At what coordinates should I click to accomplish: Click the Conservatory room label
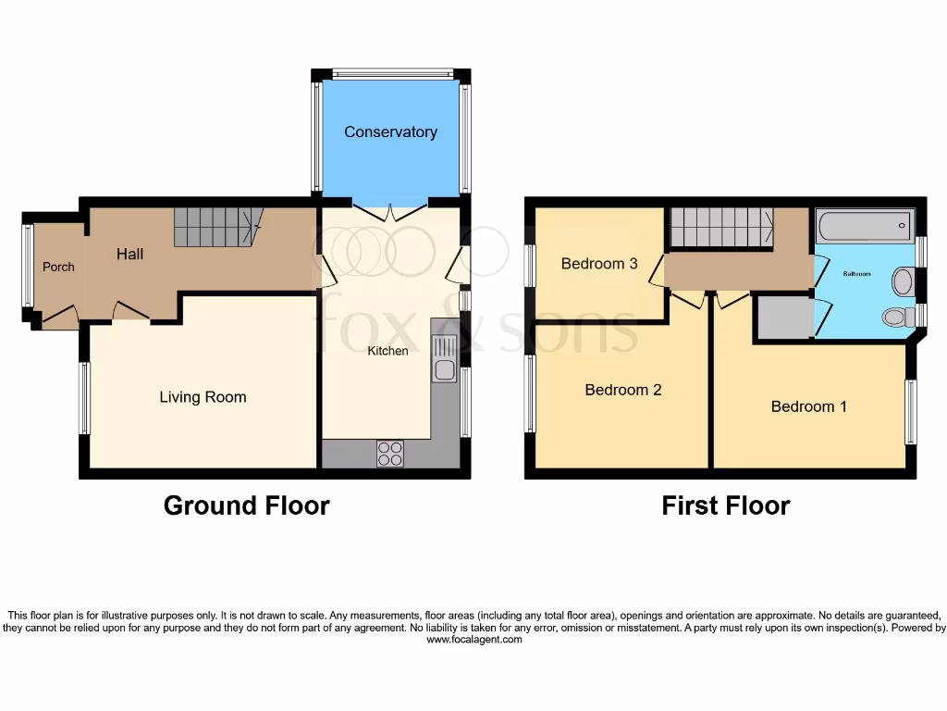pos(390,131)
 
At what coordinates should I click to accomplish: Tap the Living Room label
pos(203,397)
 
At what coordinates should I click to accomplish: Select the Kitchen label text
pos(387,351)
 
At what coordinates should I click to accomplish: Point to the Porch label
pos(58,267)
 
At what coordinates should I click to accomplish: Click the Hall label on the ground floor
pos(129,254)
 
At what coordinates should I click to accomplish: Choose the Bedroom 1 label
pos(808,406)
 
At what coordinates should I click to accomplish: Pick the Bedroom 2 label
pos(622,390)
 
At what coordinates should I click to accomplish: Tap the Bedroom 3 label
pos(599,264)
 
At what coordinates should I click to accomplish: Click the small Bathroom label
pos(856,274)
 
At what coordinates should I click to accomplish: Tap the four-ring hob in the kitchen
pos(390,454)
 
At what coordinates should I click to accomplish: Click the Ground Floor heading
pos(246,505)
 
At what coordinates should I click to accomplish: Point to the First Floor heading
pos(725,505)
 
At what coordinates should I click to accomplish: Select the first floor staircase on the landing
pos(721,227)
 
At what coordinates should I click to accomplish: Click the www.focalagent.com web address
pos(473,640)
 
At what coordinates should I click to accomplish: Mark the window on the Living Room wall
pos(84,398)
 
